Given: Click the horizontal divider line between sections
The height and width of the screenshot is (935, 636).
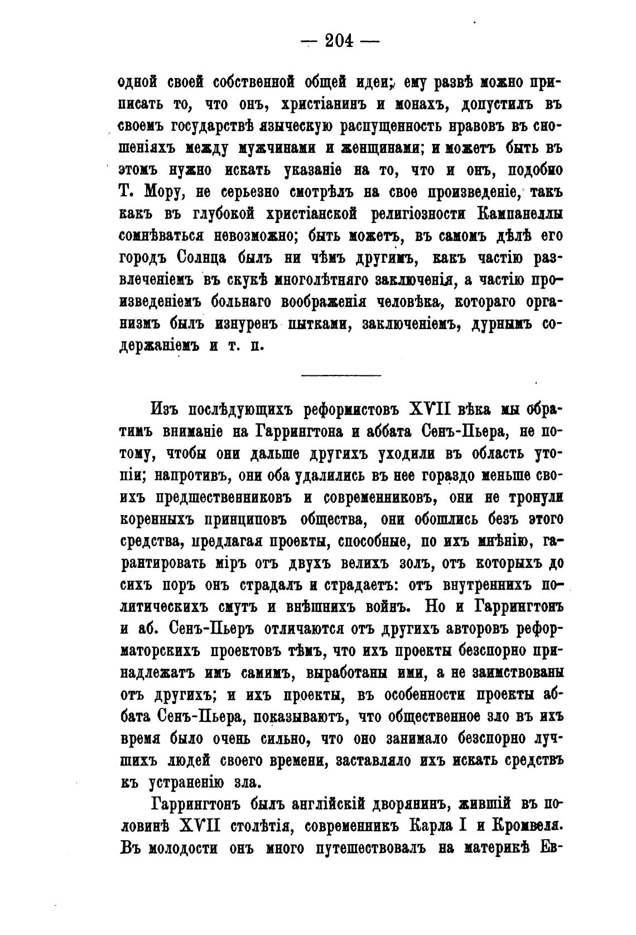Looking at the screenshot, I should coord(341,375).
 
